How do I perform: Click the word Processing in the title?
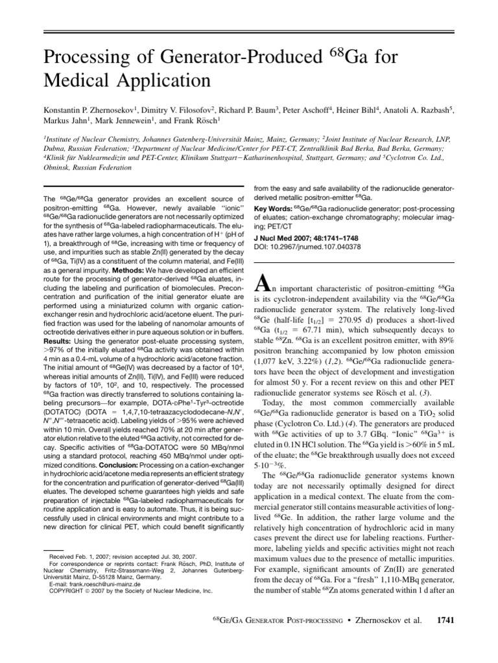83,59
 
